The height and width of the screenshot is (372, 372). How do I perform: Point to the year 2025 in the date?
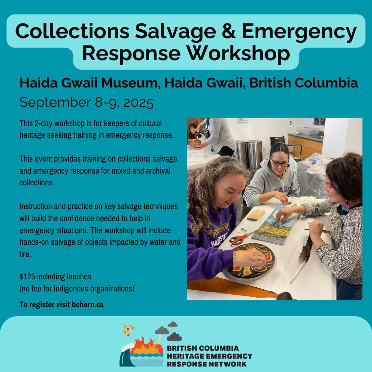tap(138, 103)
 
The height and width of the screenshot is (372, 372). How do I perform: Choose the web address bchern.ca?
tap(88, 304)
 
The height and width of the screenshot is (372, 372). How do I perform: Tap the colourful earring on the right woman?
tap(345, 206)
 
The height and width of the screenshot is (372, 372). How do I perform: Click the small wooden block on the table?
tap(256, 215)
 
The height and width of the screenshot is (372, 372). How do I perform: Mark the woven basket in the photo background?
tap(195, 143)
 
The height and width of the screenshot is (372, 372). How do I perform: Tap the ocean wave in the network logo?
tap(126, 355)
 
